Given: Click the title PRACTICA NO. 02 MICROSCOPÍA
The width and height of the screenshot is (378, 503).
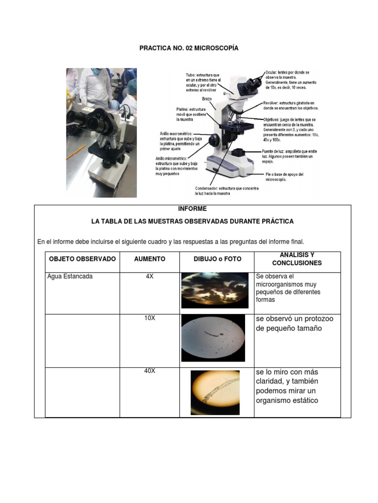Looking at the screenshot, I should (x=189, y=48).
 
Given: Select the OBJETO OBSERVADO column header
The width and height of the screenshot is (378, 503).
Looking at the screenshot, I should (x=82, y=259).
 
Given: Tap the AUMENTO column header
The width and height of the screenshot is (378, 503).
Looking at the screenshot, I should (x=150, y=259).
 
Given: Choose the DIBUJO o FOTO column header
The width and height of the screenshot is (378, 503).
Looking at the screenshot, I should (x=217, y=259).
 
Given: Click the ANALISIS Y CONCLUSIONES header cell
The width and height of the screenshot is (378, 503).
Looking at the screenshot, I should (x=297, y=259).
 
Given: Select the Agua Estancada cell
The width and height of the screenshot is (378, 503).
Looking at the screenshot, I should (x=70, y=277).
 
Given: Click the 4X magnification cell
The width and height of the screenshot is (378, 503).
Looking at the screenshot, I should (x=150, y=277).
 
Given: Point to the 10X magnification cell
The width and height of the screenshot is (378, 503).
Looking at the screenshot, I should (x=150, y=318).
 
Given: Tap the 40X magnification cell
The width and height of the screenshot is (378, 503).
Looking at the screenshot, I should (x=150, y=371).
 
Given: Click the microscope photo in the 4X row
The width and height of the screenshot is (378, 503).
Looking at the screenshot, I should (x=215, y=290).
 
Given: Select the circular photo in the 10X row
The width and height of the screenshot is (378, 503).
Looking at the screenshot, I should (x=213, y=338).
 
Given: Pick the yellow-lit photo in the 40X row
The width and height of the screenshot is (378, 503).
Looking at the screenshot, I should (x=215, y=392).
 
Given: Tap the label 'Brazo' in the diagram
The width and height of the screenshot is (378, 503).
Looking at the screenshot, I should (x=207, y=99).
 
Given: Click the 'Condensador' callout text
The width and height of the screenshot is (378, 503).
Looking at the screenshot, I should (x=213, y=191).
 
